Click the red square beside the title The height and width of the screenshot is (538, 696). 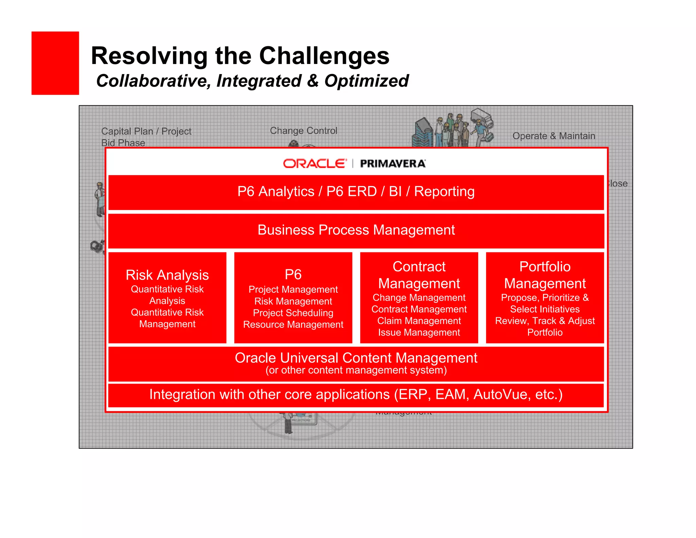(55, 63)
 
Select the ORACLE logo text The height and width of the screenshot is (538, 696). (315, 164)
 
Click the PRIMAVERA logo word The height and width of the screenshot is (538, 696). (393, 164)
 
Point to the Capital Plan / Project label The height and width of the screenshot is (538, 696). (146, 131)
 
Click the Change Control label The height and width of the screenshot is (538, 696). (303, 131)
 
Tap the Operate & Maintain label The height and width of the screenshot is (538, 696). (554, 136)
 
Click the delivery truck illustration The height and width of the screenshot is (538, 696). (482, 119)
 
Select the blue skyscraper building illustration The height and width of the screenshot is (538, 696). (422, 132)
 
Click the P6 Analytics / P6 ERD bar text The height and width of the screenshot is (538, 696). (355, 191)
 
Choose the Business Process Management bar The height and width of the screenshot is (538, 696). (356, 230)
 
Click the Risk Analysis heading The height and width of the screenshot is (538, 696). (167, 275)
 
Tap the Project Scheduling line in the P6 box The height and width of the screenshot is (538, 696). (293, 313)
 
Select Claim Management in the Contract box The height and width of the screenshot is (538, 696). (419, 321)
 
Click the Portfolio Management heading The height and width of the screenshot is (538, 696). (545, 275)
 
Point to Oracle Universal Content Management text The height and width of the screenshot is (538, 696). (356, 358)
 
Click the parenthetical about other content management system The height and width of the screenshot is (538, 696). (356, 370)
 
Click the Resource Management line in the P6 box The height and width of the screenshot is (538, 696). (293, 324)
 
